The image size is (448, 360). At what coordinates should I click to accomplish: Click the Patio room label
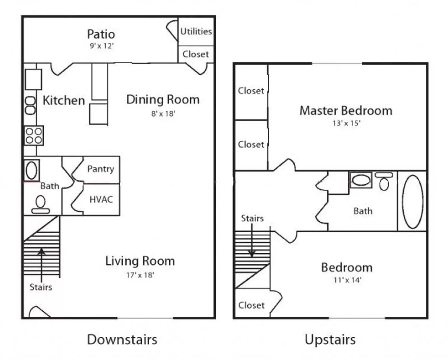tap(101, 34)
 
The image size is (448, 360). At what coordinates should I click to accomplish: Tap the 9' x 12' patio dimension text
tap(102, 46)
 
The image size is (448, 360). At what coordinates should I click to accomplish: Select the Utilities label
tap(196, 31)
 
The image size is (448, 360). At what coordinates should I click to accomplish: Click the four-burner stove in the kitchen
tap(34, 135)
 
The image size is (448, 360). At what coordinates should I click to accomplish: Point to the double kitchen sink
tap(30, 106)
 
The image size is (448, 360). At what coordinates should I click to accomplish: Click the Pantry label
tap(101, 169)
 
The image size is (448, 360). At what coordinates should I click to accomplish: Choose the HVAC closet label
tap(101, 200)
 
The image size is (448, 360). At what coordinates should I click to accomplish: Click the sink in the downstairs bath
tap(31, 170)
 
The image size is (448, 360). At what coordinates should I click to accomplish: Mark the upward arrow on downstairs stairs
tap(41, 263)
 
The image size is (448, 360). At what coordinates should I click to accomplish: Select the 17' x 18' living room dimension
tap(140, 275)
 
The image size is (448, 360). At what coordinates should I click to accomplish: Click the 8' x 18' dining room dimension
tap(163, 114)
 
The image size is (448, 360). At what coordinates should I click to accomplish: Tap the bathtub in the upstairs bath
tap(412, 202)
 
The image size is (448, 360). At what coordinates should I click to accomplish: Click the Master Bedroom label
tap(346, 111)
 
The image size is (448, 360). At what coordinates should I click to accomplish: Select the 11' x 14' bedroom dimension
tap(347, 280)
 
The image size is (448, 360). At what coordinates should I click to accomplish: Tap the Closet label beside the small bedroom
tap(251, 305)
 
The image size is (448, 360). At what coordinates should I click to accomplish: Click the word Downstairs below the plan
tap(122, 340)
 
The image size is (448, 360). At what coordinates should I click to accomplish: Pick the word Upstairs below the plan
tap(330, 340)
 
